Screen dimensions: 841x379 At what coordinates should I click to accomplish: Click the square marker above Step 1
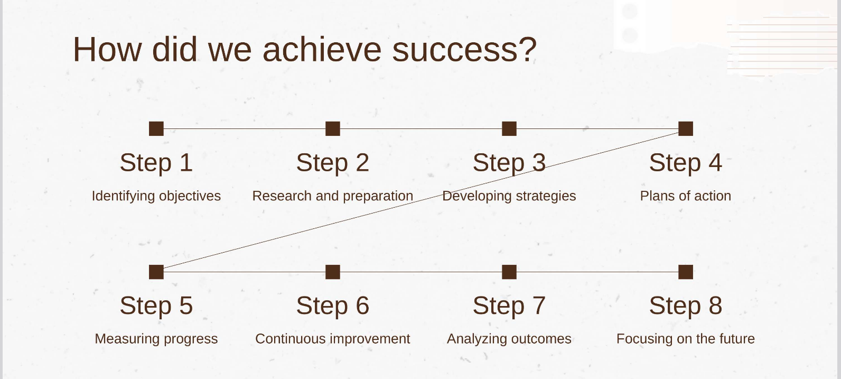156,128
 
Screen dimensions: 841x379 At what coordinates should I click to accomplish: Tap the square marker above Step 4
686,128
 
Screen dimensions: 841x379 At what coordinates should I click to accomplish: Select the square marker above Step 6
333,272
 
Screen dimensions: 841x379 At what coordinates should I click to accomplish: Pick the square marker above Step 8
686,272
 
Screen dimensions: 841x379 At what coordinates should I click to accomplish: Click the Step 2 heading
333,163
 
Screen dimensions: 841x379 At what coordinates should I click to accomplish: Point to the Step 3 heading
509,163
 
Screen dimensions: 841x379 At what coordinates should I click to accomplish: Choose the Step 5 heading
156,306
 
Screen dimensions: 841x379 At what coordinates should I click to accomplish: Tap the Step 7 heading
509,306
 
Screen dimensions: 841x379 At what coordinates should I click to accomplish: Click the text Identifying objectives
156,196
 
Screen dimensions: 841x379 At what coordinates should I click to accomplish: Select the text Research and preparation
333,196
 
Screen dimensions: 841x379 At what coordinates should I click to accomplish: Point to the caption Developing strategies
509,196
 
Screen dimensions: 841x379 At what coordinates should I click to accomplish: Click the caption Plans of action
686,196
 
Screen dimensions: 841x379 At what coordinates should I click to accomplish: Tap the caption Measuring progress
156,339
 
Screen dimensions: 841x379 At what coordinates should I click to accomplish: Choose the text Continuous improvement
333,339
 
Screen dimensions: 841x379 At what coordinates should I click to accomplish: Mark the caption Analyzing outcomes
509,339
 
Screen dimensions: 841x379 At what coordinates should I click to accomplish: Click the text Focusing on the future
686,339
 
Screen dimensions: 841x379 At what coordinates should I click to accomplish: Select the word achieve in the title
322,49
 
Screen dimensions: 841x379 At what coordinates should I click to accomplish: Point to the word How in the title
107,49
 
